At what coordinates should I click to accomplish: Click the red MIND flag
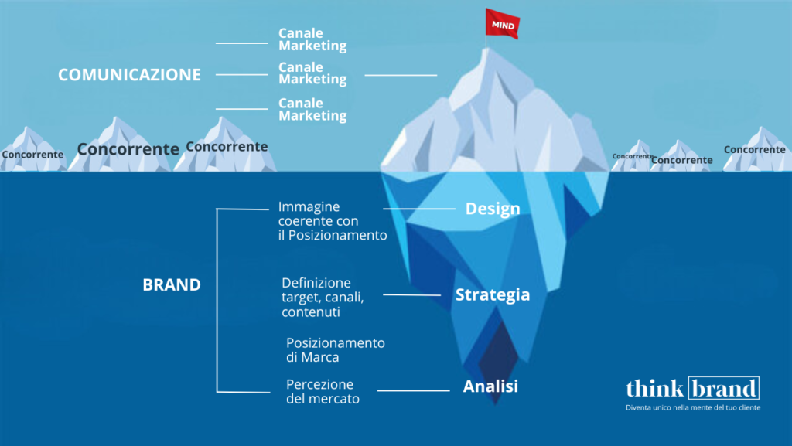pos(502,24)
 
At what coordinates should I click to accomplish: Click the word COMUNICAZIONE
pos(129,75)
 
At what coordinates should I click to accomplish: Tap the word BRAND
pos(172,284)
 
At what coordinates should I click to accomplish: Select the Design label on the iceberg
pos(493,209)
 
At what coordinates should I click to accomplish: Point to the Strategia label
pos(493,294)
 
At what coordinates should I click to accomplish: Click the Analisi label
pos(490,386)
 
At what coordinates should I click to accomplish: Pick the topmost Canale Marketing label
pos(312,39)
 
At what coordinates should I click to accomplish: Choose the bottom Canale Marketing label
pos(312,110)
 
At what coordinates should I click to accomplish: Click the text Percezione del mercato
pos(323,392)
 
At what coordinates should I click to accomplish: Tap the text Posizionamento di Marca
pos(336,350)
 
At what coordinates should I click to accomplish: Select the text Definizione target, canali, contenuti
pos(323,297)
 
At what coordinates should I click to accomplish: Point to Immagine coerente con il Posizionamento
pos(333,221)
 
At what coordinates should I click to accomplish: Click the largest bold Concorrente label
pos(128,149)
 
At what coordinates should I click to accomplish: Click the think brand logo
pos(693,388)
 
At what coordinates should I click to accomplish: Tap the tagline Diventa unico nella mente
pos(693,407)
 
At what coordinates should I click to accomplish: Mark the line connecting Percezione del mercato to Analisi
pos(413,390)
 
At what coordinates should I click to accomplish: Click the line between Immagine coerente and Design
pos(418,209)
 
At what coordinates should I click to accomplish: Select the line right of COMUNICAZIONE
pos(242,75)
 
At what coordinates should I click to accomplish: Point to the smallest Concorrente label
pos(632,156)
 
